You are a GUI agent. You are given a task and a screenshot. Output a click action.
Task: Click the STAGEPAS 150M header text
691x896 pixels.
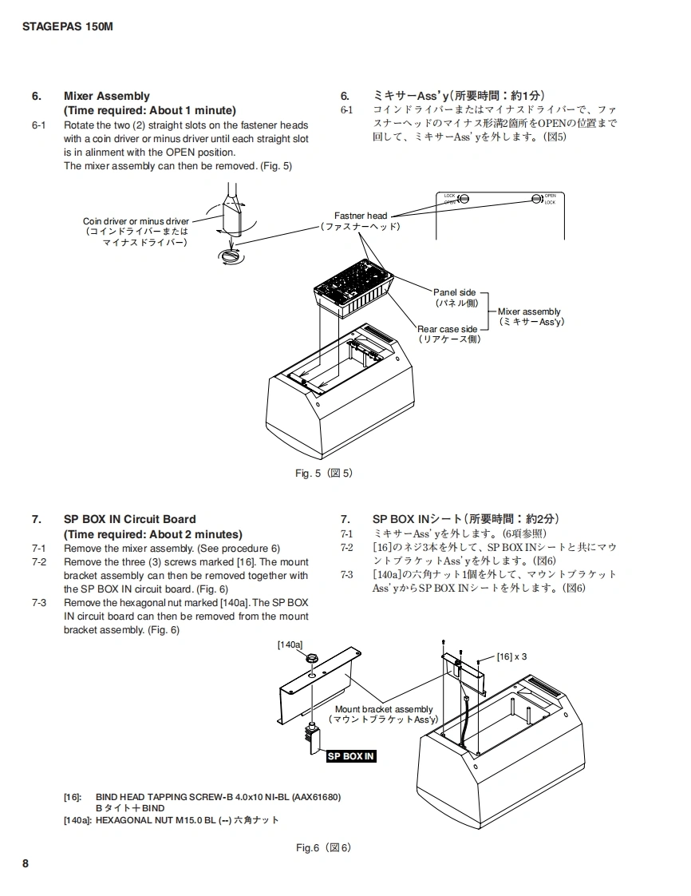(67, 26)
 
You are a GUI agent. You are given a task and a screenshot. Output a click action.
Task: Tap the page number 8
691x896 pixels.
(26, 863)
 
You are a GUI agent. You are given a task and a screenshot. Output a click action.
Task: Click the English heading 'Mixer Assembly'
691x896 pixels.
(106, 97)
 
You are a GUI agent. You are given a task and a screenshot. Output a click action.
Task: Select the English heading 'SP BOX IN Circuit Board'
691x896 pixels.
(129, 519)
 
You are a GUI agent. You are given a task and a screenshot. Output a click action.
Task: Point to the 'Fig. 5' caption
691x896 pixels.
(323, 474)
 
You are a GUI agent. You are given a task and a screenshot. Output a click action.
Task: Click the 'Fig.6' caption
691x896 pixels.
(323, 847)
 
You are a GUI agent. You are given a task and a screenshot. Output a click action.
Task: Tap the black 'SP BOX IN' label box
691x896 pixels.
(350, 756)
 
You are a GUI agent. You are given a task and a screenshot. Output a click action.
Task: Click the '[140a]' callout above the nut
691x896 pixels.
(290, 644)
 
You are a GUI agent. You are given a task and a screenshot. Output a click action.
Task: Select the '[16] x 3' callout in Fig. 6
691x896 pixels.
(511, 656)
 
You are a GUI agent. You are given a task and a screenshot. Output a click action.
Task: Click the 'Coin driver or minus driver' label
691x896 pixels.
(136, 221)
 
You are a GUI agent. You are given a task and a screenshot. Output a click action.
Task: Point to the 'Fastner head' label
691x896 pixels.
(361, 216)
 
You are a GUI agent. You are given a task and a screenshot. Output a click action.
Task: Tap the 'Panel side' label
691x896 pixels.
(455, 293)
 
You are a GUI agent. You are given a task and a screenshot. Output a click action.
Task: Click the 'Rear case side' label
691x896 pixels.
(448, 329)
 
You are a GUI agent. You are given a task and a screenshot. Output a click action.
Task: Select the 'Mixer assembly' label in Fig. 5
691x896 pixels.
(529, 311)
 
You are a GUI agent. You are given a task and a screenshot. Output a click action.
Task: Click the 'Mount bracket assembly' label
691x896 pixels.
(383, 709)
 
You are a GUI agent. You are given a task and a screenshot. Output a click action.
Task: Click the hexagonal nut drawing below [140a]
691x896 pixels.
(312, 660)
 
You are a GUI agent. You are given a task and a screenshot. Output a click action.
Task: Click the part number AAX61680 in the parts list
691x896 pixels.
(318, 797)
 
